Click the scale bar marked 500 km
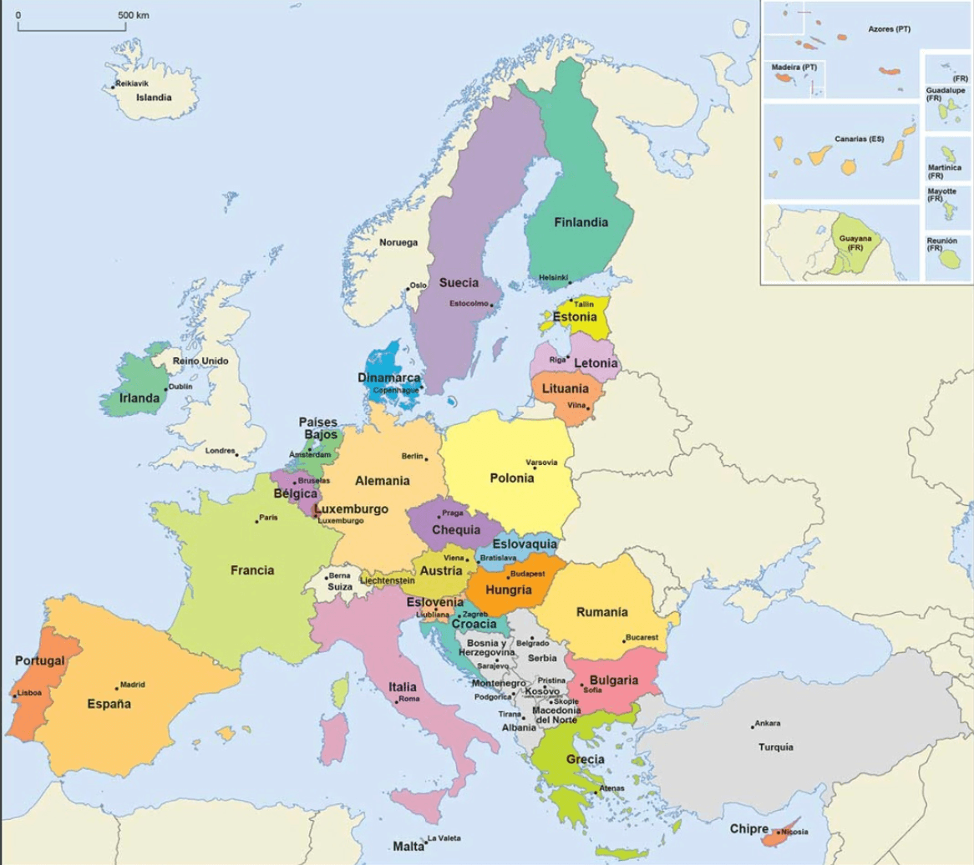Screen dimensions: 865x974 point(72,29)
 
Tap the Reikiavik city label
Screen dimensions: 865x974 point(133,84)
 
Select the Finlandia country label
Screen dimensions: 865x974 point(580,223)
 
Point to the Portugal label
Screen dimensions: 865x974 point(39,660)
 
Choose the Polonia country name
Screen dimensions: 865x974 point(511,478)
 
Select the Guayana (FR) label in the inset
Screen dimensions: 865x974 point(855,243)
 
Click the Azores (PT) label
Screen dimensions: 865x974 point(889,29)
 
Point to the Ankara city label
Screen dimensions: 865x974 point(768,723)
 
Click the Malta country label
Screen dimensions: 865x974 point(408,846)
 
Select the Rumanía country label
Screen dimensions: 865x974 point(601,612)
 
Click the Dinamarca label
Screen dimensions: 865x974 point(388,377)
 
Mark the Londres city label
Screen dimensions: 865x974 point(220,451)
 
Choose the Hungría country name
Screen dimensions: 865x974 point(508,589)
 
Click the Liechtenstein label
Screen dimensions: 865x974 point(388,580)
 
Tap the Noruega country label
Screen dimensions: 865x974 point(398,243)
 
